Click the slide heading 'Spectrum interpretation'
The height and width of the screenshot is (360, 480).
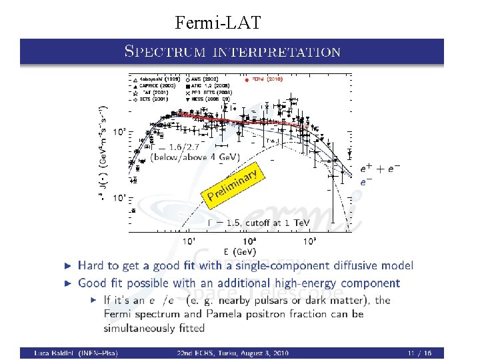point(233,51)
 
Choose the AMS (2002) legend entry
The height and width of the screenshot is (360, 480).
point(207,79)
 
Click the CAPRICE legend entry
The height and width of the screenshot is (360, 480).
point(159,85)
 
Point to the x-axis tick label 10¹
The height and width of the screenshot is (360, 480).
point(189,241)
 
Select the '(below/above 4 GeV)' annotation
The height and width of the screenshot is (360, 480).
point(187,157)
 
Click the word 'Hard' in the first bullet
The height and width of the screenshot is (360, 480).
point(91,266)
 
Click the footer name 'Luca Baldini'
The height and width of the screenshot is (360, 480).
point(57,353)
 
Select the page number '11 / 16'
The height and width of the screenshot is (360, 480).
point(419,353)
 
